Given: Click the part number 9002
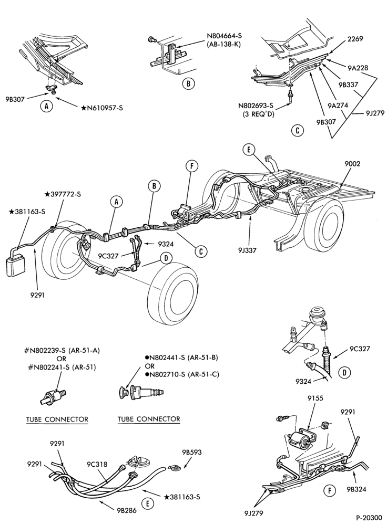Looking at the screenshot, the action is [x=352, y=164].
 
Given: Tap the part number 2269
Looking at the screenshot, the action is [x=354, y=39].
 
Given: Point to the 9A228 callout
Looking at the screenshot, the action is [x=358, y=68].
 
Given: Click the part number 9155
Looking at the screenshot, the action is [x=315, y=398].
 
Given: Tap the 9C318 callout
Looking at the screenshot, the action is [x=97, y=465].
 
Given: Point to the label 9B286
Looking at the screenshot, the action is [x=127, y=511].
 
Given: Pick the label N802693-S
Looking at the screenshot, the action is [x=256, y=106].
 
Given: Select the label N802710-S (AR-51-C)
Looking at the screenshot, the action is [x=182, y=374].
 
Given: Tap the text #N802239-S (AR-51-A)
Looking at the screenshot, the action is [x=62, y=351].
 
